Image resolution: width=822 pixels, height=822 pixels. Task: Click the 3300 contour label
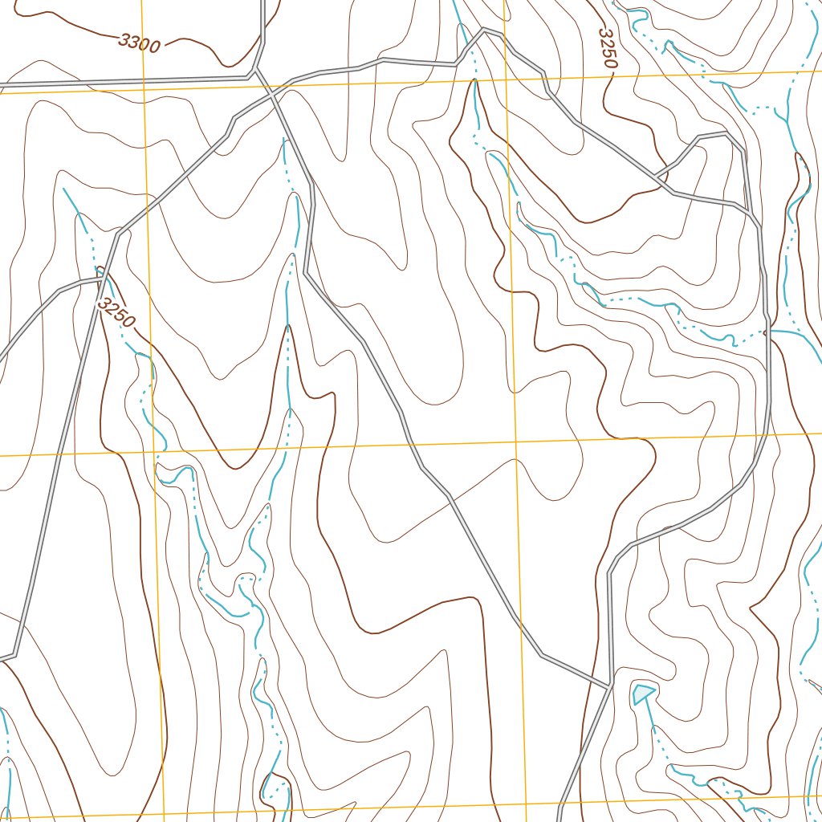point(139,43)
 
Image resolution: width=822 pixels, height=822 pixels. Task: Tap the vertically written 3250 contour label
point(608,48)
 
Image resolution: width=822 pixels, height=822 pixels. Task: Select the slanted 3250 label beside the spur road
point(116,313)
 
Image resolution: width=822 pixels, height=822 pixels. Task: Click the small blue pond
point(643,692)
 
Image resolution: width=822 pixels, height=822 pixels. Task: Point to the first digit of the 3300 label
point(124,39)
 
